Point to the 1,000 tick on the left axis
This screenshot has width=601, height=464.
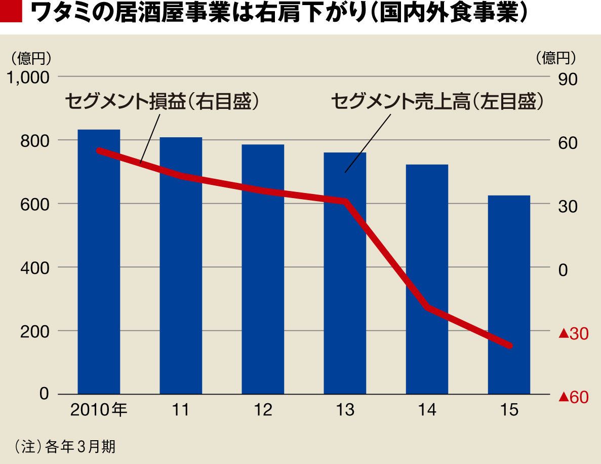pos(29,78)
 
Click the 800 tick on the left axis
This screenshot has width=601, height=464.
pos(35,141)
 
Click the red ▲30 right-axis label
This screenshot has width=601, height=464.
pos(573,334)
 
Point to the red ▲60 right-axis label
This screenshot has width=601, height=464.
pos(573,398)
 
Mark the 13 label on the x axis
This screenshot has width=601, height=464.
pos(345,410)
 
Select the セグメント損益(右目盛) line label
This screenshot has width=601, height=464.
pos(163,101)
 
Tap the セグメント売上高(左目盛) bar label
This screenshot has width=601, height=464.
pos(437,101)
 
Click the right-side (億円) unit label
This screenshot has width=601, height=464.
pos(556,59)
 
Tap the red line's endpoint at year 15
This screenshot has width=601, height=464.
pos(509,345)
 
